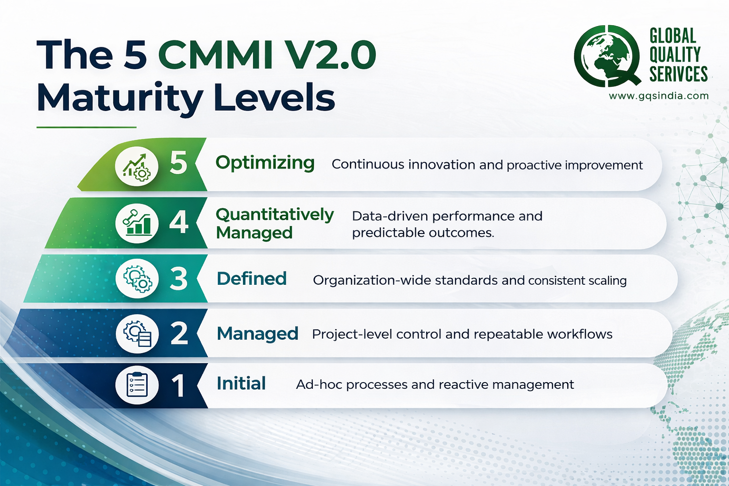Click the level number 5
pyautogui.click(x=178, y=163)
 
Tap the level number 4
pyautogui.click(x=179, y=222)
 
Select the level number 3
pyautogui.click(x=179, y=279)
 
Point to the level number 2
pyautogui.click(x=179, y=333)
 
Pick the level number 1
pyautogui.click(x=178, y=385)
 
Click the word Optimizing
pyautogui.click(x=265, y=163)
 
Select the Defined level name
pyautogui.click(x=252, y=279)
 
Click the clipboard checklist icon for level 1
pyautogui.click(x=137, y=385)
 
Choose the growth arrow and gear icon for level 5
pyautogui.click(x=137, y=167)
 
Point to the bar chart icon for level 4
pyautogui.click(x=137, y=223)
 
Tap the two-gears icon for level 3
pyautogui.click(x=137, y=279)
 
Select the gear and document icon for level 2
pyautogui.click(x=137, y=333)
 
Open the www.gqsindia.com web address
pyautogui.click(x=659, y=96)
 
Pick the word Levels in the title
pyautogui.click(x=274, y=98)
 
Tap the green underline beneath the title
pyautogui.click(x=86, y=127)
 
